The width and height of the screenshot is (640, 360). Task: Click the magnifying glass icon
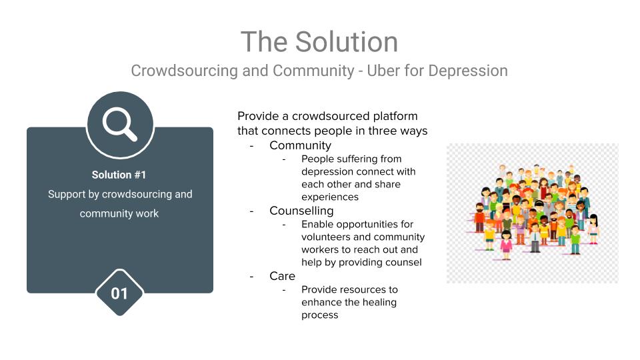click(119, 124)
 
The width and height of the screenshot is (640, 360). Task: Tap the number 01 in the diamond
click(119, 293)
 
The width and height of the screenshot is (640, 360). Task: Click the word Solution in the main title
click(346, 41)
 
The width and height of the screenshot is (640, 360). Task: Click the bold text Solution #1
click(119, 175)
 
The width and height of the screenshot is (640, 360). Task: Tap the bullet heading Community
click(301, 145)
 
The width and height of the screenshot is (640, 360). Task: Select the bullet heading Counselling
click(301, 211)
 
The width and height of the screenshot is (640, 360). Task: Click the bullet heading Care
click(282, 276)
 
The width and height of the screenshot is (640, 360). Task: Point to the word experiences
click(330, 197)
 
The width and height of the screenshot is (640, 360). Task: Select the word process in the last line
click(319, 315)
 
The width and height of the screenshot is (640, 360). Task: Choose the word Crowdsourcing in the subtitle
click(185, 71)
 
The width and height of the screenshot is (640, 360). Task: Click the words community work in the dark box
click(119, 213)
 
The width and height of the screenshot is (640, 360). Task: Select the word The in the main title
click(264, 41)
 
